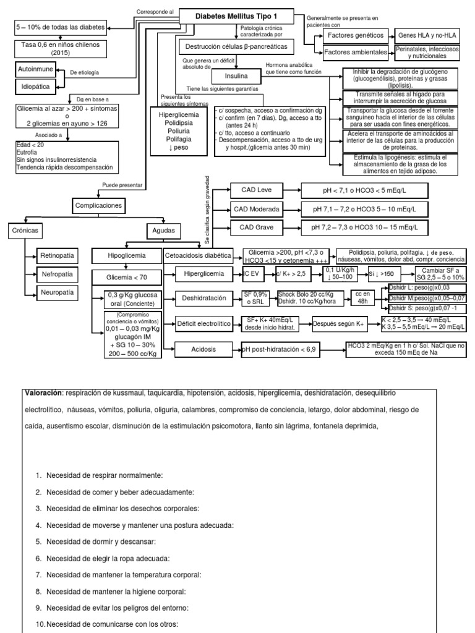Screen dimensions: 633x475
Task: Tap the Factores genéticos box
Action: [x=351, y=36]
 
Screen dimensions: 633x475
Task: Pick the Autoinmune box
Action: [x=35, y=69]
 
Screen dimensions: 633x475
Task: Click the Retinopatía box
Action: [x=57, y=255]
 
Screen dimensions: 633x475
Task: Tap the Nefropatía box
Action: [x=57, y=274]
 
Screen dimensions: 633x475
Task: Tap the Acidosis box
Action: [x=204, y=349]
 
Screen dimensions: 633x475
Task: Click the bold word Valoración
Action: [x=43, y=393]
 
